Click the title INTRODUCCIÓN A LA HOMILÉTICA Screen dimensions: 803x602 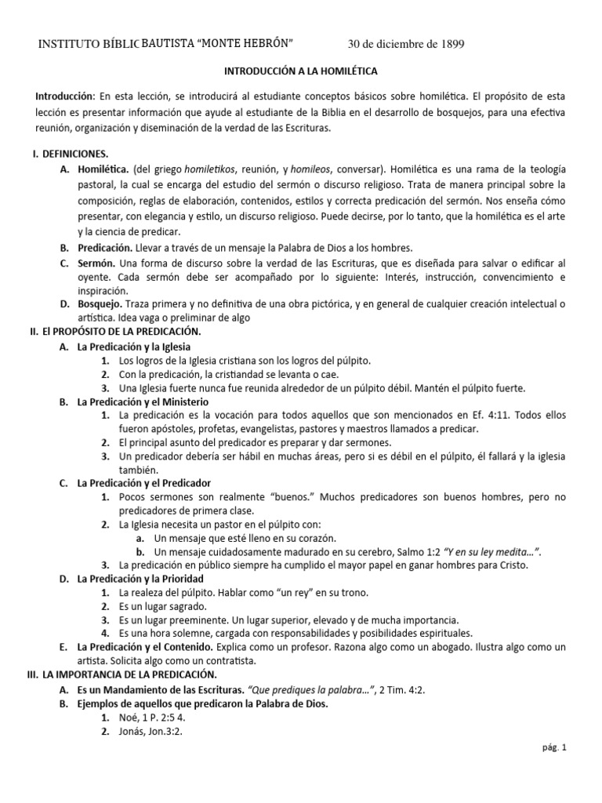pyautogui.click(x=301, y=71)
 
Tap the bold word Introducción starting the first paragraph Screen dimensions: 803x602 pyautogui.click(x=64, y=96)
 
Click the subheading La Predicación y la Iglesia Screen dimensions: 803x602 pyautogui.click(x=133, y=347)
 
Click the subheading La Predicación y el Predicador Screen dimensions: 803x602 pyautogui.click(x=143, y=483)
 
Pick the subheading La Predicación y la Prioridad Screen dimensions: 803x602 pyautogui.click(x=140, y=579)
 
